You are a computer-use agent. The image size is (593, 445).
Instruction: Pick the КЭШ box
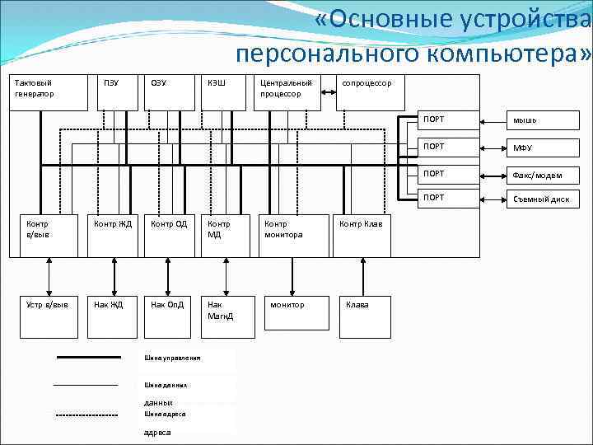[x=223, y=93]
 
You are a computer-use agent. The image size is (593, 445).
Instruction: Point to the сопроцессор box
[x=370, y=93]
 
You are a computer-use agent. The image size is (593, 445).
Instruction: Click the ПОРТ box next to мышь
[x=449, y=120]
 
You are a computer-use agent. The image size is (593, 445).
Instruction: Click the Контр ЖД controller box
[x=114, y=234]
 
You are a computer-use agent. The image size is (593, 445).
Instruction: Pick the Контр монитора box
[x=291, y=234]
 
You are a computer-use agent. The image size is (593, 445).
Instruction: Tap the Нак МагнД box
[x=224, y=316]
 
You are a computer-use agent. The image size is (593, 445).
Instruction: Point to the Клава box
[x=365, y=316]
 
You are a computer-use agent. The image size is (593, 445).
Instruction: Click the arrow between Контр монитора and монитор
[x=291, y=274]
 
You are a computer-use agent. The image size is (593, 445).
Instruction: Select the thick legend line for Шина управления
[x=87, y=358]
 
